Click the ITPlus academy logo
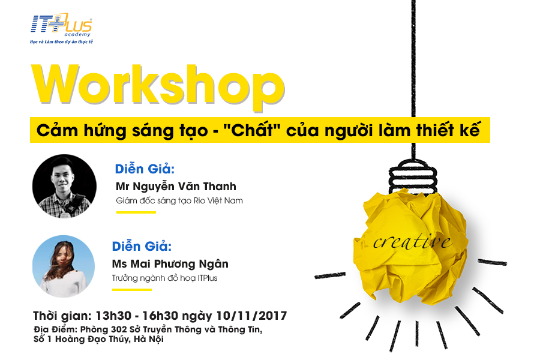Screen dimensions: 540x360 [x=61, y=25]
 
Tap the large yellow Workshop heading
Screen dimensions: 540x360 [x=158, y=88]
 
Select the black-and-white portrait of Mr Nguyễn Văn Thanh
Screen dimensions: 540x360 [x=64, y=186]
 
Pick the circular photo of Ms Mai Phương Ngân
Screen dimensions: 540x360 [x=64, y=266]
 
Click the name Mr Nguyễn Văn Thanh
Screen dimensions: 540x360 [x=176, y=187]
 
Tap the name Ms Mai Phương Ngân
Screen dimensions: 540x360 [x=170, y=264]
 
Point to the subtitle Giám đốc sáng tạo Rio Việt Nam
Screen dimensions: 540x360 [x=179, y=201]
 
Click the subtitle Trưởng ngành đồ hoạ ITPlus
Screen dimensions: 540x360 [x=164, y=278]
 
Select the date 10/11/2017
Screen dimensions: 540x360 [x=251, y=316]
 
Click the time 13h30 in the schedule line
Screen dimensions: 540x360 [x=113, y=316]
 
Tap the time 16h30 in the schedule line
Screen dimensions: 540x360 [x=160, y=316]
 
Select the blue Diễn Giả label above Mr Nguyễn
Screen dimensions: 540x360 [x=145, y=169]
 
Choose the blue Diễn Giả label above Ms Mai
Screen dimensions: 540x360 [x=142, y=247]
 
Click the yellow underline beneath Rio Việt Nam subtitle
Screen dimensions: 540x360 [x=136, y=212]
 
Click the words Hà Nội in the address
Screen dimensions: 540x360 [x=149, y=340]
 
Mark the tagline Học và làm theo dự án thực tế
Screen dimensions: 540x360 [x=61, y=41]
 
